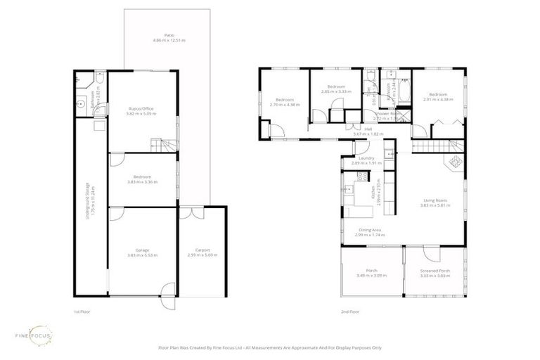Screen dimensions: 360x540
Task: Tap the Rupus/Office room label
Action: [x=141, y=110]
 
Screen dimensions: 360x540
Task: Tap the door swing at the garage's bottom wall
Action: [x=167, y=288]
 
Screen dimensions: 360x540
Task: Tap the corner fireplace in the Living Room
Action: [x=454, y=163]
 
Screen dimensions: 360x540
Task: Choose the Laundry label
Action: [x=366, y=161]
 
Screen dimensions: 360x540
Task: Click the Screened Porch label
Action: [x=435, y=273]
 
